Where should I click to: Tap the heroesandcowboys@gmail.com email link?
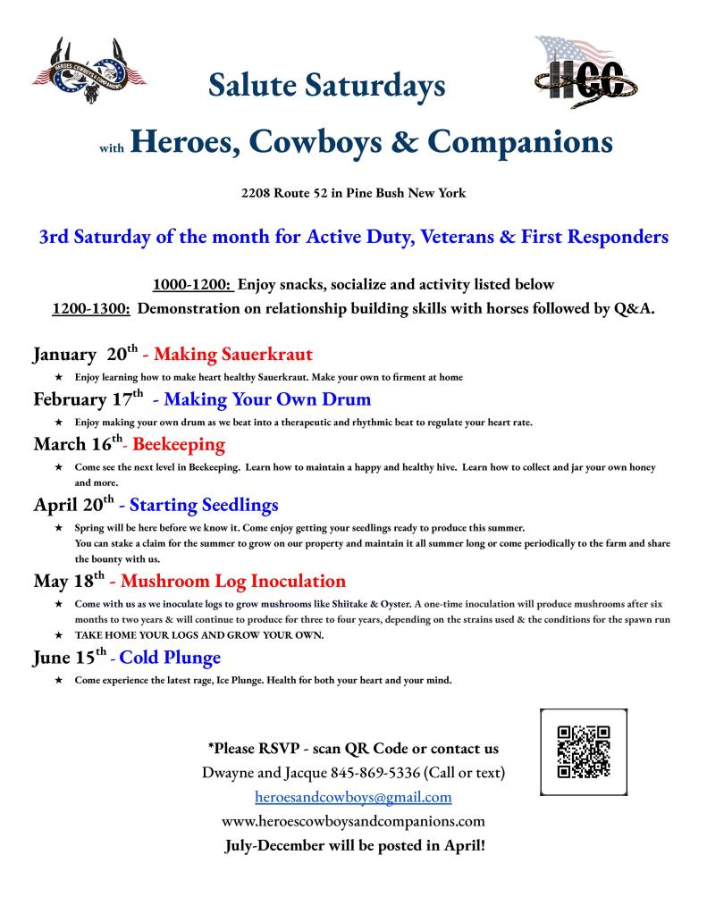(x=353, y=796)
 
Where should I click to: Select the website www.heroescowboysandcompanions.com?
(x=353, y=820)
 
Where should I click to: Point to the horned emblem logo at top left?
(x=89, y=71)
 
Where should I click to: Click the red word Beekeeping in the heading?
(x=179, y=444)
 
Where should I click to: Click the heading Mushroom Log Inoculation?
(x=232, y=582)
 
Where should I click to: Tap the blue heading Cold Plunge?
(x=170, y=658)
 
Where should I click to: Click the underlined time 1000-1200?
(x=193, y=285)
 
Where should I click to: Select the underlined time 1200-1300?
(x=93, y=308)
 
